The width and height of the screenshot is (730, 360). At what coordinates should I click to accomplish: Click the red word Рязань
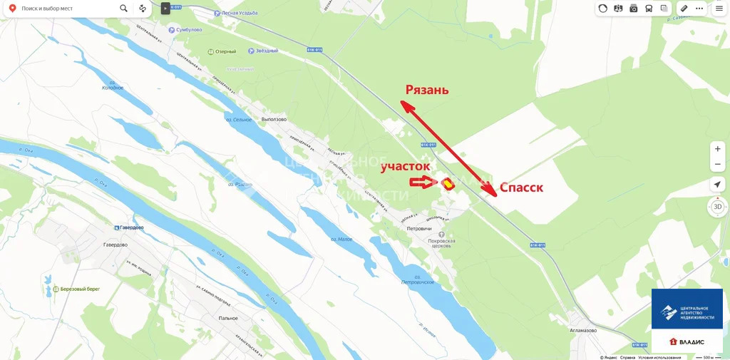point(427,90)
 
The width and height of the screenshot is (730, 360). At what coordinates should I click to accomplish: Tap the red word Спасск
point(521,187)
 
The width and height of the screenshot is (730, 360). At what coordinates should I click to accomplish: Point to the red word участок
point(405,166)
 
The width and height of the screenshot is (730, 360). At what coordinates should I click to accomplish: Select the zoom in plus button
point(717,149)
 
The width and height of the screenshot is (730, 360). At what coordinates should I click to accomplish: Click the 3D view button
point(717,207)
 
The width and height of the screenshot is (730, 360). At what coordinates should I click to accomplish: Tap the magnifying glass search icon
point(124,9)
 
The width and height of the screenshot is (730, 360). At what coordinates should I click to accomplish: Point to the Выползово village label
point(274,119)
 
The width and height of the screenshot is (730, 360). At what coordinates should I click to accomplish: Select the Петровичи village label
point(419,228)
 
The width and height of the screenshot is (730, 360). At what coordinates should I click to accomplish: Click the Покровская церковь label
point(441,245)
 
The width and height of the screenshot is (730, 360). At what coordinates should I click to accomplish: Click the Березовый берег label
point(80,289)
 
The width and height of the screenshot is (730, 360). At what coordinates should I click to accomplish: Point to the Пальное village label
point(228,318)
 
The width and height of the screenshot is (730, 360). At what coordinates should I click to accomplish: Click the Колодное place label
point(113,88)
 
